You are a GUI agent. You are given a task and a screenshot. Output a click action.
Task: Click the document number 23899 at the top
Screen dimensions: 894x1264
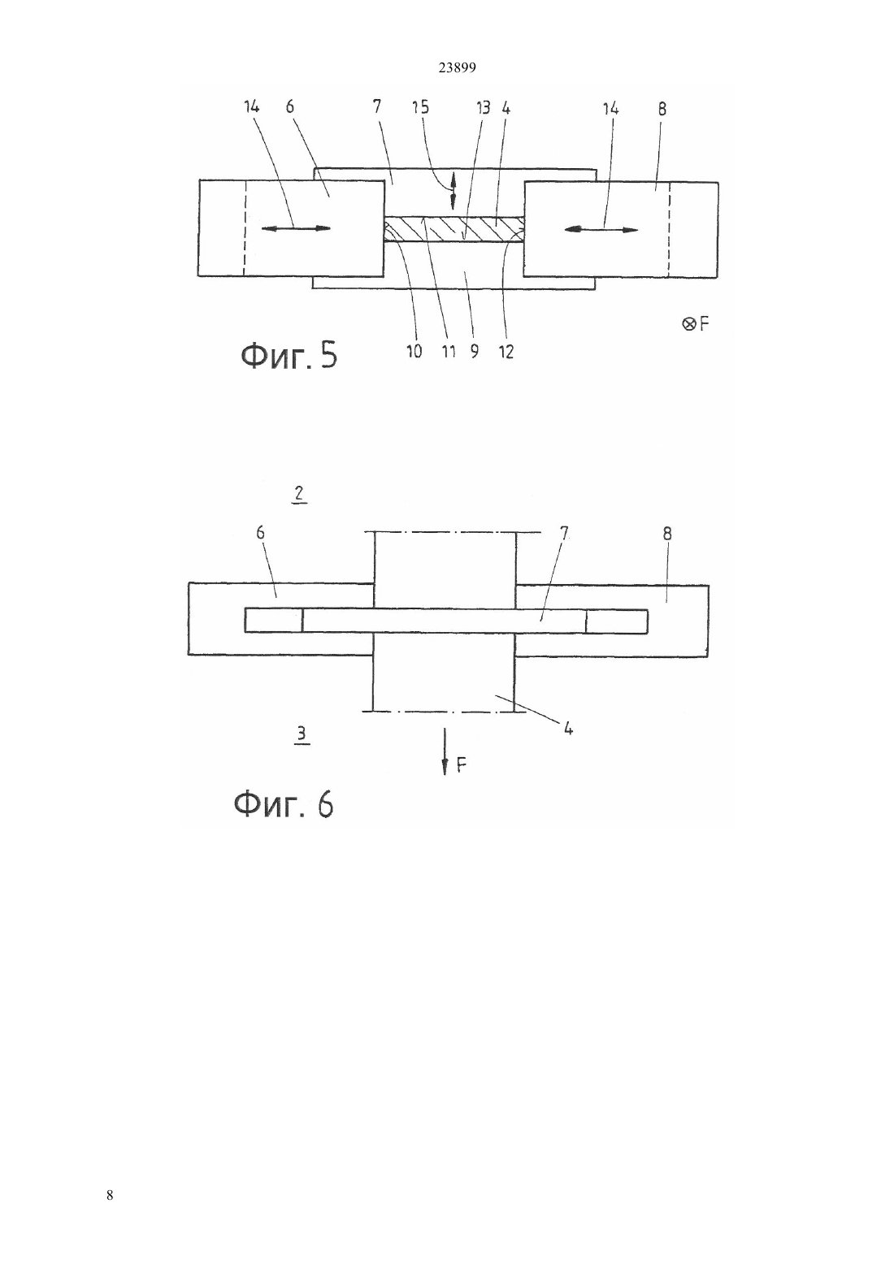tap(457, 67)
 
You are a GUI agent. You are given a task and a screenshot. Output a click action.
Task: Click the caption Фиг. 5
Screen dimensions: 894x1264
tap(289, 357)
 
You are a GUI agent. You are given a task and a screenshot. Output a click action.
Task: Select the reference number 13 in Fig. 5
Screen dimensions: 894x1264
tap(483, 107)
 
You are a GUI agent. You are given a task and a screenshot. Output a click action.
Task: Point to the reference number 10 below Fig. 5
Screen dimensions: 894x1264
tap(414, 352)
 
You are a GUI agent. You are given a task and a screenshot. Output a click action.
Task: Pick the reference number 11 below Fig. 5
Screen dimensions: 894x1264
tap(448, 352)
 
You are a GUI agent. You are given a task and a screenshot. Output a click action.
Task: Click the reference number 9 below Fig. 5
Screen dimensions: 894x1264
tap(474, 352)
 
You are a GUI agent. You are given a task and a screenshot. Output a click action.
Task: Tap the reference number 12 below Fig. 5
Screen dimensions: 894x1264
tap(506, 352)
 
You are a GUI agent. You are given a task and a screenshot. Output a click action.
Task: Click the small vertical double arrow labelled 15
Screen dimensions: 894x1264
tap(453, 191)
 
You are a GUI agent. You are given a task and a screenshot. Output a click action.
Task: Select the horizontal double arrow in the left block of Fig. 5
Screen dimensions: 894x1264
tap(297, 228)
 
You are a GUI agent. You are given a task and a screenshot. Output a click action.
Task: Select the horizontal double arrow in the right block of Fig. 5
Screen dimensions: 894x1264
tap(601, 229)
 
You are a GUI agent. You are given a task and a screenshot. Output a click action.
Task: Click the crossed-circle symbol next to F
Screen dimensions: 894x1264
tap(688, 324)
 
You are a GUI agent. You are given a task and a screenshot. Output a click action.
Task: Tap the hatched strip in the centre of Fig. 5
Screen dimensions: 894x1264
tap(454, 230)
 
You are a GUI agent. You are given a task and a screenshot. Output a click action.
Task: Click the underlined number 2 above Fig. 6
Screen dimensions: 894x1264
tap(299, 495)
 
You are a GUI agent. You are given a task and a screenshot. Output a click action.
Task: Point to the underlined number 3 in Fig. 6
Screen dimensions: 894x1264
tap(302, 734)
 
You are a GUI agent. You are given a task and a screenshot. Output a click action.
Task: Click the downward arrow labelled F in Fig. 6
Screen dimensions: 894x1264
tap(445, 751)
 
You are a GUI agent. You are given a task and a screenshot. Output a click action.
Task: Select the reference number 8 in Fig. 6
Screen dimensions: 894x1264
tap(667, 533)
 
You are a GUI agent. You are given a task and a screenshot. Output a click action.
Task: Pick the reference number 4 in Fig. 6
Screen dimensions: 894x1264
tap(568, 729)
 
